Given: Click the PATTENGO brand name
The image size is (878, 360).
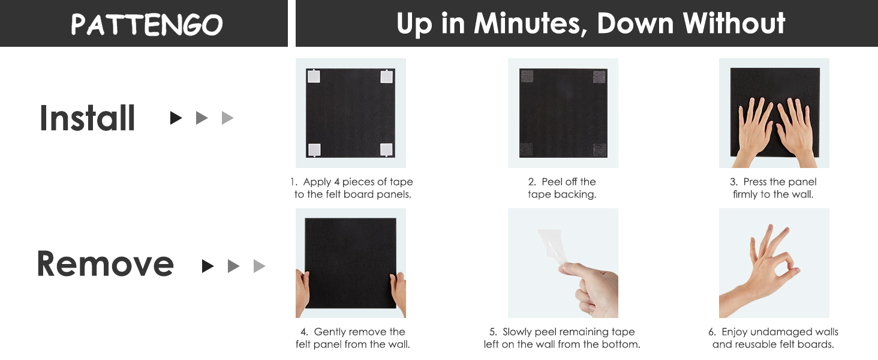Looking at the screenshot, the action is click(x=146, y=25).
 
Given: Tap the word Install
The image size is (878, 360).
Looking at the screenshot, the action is click(x=88, y=118).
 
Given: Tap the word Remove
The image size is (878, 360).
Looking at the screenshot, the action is click(x=105, y=264).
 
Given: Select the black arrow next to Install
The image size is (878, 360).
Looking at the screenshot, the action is click(x=176, y=118).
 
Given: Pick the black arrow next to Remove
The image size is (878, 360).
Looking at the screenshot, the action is click(x=208, y=266).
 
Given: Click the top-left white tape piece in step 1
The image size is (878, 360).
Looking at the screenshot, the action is click(x=314, y=76).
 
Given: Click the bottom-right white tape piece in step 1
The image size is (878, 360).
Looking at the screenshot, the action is click(x=386, y=149).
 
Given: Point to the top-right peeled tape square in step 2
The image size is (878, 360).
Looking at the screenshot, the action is click(x=599, y=77).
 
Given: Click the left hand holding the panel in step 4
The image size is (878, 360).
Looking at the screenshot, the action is click(x=303, y=293).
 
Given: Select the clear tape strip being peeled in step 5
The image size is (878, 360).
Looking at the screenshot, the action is click(x=553, y=248).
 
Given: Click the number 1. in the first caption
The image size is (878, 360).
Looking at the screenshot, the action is click(x=294, y=182).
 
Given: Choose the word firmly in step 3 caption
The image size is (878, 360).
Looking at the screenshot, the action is click(x=745, y=194).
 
